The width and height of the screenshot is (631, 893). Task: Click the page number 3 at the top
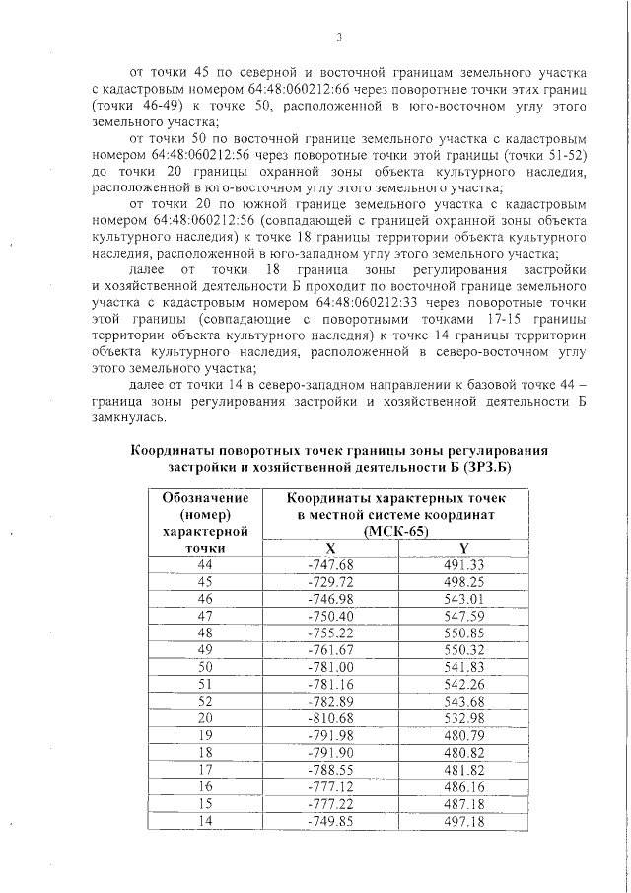pos(338,38)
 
